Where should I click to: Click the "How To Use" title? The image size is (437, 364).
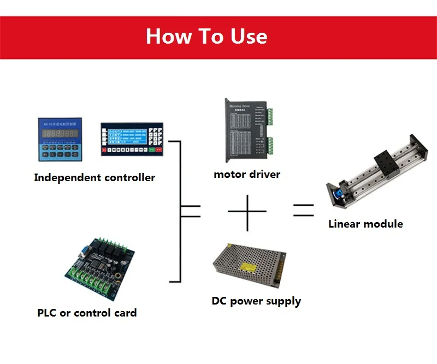206,37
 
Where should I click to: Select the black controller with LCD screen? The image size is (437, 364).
132,139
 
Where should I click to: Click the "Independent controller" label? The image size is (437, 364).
95,177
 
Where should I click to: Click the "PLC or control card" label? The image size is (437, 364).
87,313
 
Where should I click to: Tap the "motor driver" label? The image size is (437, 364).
247,175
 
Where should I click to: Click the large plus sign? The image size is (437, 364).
247,211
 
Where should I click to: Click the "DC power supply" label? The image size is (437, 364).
256,301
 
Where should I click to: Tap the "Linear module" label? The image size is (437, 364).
365,223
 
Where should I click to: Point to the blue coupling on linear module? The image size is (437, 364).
338,194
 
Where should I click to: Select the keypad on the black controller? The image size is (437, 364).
156,136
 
